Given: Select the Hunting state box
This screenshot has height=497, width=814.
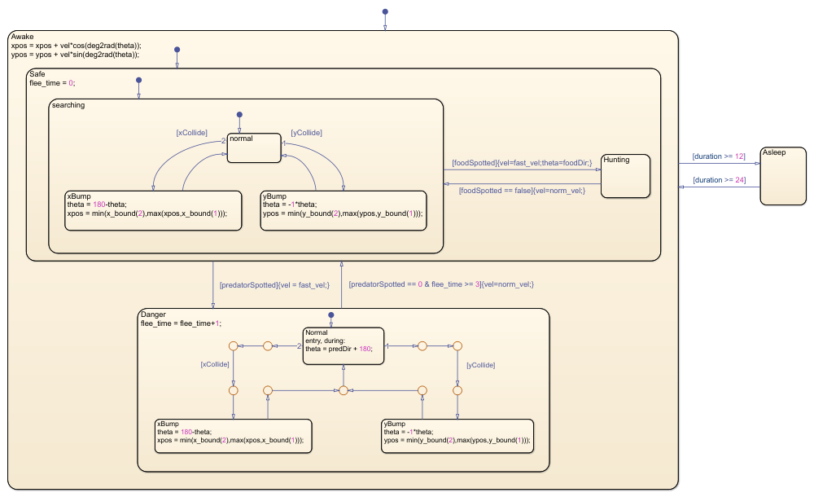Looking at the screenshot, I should [x=625, y=176].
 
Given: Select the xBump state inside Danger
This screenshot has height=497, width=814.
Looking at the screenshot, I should [x=233, y=438].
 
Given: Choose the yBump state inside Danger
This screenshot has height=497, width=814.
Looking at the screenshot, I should [x=457, y=438].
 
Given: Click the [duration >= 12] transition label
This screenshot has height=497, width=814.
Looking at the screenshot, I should [x=718, y=156].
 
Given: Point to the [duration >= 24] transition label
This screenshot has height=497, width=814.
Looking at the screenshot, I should [x=718, y=180].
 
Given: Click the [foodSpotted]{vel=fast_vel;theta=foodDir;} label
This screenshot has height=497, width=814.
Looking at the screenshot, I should [x=522, y=163].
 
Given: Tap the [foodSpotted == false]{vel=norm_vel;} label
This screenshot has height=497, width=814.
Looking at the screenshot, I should [x=522, y=190].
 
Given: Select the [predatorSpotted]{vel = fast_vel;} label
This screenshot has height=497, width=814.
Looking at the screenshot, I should [x=274, y=285].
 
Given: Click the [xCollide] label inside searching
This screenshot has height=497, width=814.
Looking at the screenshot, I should [x=191, y=132].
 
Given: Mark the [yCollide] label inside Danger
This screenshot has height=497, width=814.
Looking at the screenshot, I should [x=480, y=366].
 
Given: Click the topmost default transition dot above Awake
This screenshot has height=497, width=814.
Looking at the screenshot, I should [x=385, y=12].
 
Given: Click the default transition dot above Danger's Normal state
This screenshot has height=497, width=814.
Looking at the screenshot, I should [x=330, y=314].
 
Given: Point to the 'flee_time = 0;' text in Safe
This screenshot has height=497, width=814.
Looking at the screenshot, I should [x=52, y=83].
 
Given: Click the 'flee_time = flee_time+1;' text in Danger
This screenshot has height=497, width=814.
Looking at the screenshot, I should [x=181, y=323].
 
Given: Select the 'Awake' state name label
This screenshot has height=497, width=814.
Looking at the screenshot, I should [x=23, y=37].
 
